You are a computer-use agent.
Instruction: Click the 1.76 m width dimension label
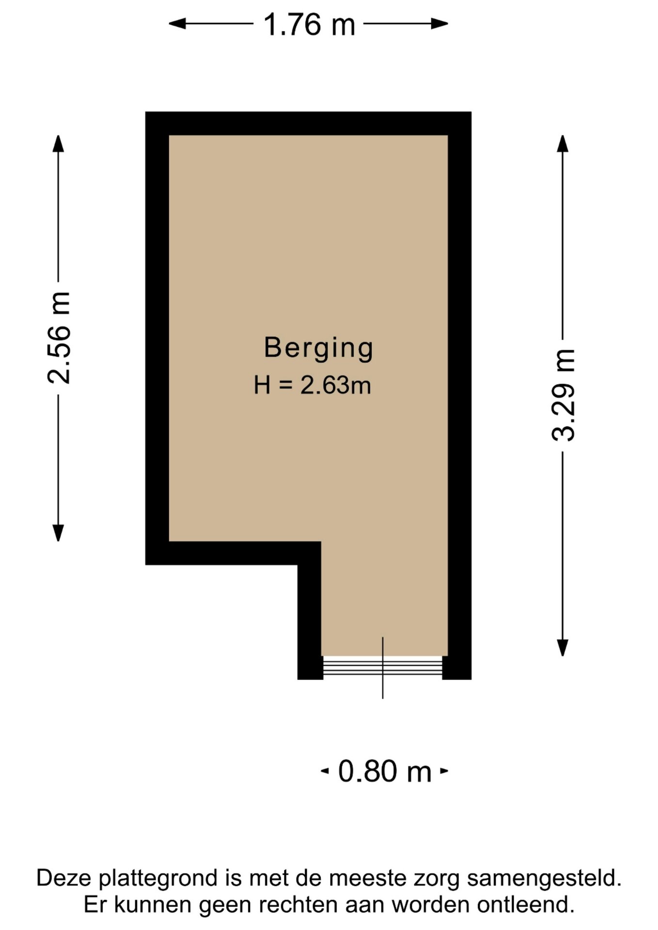[x=309, y=24]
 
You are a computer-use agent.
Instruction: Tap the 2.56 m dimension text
[x=59, y=338]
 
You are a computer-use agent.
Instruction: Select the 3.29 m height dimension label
[x=564, y=395]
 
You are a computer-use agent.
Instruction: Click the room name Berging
[x=319, y=348]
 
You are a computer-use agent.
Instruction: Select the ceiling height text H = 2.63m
[x=313, y=386]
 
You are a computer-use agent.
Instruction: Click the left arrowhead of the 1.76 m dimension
[x=177, y=23]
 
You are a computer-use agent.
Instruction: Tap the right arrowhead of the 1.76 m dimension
[x=439, y=23]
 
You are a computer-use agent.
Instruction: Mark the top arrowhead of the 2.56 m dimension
[x=58, y=143]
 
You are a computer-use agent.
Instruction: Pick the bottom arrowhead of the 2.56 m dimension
[x=58, y=533]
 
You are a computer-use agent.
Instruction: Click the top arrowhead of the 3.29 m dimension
[x=563, y=143]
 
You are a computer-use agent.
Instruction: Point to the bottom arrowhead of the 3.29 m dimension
[x=563, y=648]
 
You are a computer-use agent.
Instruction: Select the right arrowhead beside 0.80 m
[x=444, y=771]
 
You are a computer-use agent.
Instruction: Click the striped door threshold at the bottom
[x=383, y=666]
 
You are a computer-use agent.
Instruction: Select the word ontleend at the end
[x=526, y=905]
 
